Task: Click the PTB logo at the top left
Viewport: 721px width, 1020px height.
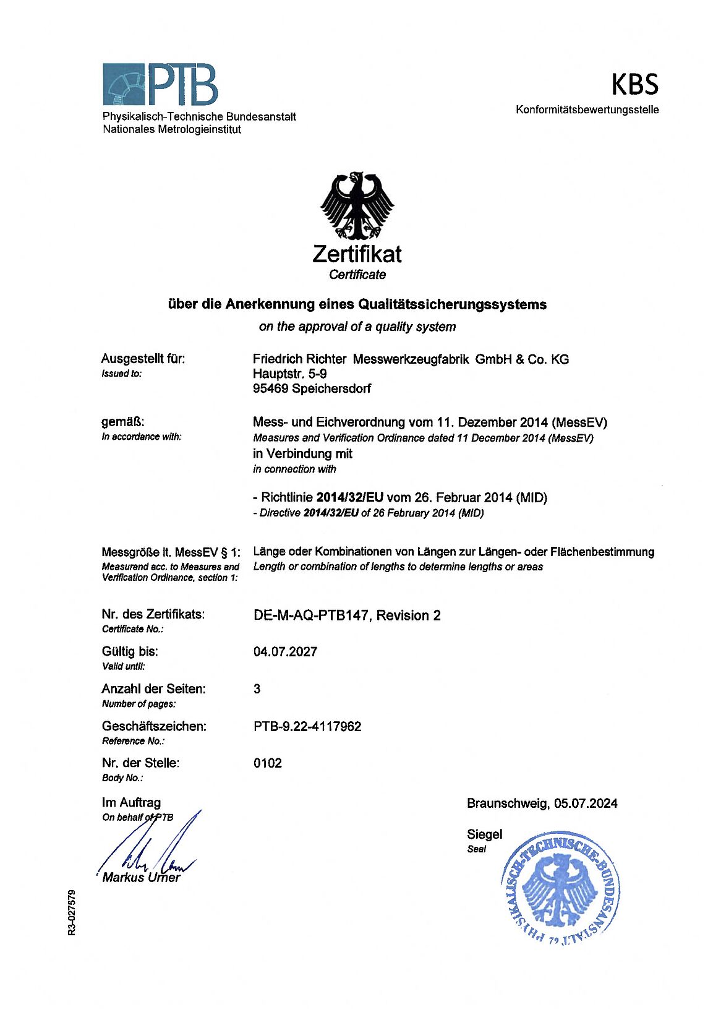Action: [160, 84]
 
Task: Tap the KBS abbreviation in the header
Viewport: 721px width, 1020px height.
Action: [634, 85]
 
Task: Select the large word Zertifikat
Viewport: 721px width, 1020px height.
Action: [357, 254]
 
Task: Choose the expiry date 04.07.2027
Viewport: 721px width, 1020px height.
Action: [285, 652]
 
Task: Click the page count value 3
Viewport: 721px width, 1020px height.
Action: [257, 689]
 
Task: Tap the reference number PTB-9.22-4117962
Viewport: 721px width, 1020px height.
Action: [307, 726]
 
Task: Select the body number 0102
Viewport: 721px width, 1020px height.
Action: [268, 763]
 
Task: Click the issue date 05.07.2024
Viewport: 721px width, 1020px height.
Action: [586, 804]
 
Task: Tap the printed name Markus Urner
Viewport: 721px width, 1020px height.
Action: [142, 878]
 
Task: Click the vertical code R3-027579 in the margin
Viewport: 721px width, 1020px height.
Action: [72, 912]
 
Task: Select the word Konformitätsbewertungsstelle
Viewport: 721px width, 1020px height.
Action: [587, 110]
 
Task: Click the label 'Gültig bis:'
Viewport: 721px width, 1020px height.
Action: [130, 652]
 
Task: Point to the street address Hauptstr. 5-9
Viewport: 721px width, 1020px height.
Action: [290, 374]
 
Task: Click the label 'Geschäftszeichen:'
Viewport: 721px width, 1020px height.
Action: [154, 726]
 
